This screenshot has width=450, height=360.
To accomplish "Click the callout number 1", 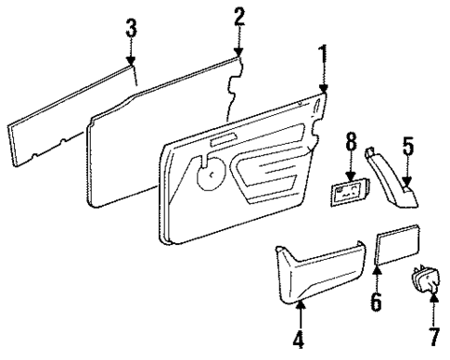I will (x=322, y=55).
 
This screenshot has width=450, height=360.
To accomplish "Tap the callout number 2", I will (x=238, y=16).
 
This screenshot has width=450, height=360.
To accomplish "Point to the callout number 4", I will (x=298, y=341).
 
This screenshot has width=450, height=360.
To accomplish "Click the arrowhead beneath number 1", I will (x=325, y=92).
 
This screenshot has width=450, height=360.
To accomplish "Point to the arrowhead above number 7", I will (x=433, y=295).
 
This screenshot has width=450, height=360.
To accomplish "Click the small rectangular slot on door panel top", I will (x=223, y=140).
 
